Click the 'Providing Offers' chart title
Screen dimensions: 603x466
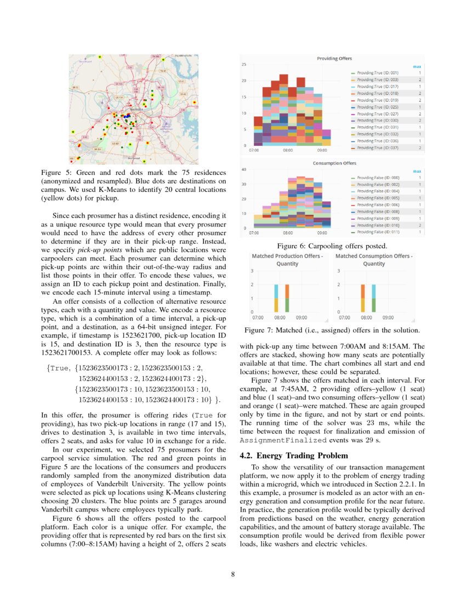tap(334, 58)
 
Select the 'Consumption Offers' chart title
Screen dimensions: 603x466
tap(334, 163)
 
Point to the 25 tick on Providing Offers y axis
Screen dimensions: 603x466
tap(244, 65)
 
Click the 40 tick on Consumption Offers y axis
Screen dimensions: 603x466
tap(244, 170)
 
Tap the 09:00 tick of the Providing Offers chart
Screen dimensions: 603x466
tap(322, 150)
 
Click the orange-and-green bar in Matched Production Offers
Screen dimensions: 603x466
tap(287, 298)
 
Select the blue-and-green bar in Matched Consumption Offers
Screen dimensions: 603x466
tap(374, 298)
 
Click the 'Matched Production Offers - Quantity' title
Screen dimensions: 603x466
tap(287, 260)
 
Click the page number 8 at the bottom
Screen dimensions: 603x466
tap(233, 574)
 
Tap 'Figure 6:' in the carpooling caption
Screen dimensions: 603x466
tap(291, 246)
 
